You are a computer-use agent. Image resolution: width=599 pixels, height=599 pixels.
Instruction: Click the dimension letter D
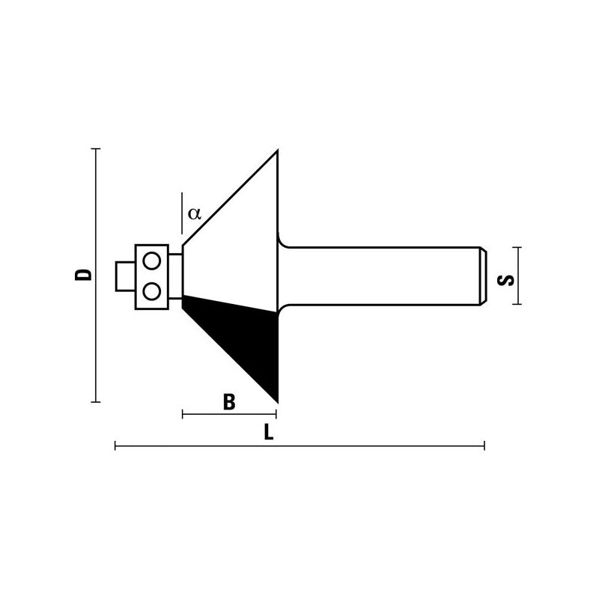tap(87, 274)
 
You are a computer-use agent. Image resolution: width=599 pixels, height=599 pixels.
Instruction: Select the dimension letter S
tap(507, 279)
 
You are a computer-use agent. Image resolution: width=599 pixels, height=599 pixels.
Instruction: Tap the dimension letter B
tap(229, 403)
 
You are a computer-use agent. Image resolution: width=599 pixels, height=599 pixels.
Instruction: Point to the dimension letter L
tap(268, 432)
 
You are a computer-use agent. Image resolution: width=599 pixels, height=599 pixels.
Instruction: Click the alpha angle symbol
tap(195, 213)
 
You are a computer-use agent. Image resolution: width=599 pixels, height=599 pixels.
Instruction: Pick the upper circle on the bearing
tap(152, 261)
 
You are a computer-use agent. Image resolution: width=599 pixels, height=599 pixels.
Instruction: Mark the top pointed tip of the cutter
tap(277, 152)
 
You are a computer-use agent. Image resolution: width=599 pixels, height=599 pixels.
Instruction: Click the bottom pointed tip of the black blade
tap(276, 399)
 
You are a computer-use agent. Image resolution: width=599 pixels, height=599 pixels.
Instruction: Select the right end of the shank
tap(483, 276)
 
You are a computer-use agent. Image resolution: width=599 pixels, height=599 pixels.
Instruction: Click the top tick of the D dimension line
tap(95, 149)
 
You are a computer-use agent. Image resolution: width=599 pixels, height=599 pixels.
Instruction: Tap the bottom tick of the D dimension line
tap(95, 402)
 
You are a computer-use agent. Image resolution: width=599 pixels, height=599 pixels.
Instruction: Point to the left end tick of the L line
tap(115, 446)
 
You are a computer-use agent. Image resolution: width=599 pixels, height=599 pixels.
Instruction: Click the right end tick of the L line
tap(484, 446)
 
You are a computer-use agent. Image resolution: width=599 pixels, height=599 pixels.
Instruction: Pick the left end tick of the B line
tap(183, 413)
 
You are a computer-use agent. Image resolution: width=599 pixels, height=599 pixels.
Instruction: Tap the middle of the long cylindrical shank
tap(382, 276)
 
